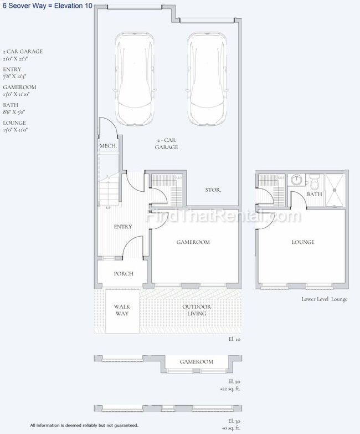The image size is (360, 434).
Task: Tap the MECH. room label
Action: pyautogui.click(x=108, y=146)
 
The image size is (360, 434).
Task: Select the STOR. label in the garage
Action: pyautogui.click(x=213, y=190)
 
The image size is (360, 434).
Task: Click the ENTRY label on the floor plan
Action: pyautogui.click(x=123, y=227)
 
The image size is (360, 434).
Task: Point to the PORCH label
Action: pyautogui.click(x=124, y=274)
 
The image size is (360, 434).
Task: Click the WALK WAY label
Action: pyautogui.click(x=122, y=310)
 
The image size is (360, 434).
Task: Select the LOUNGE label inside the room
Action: pyautogui.click(x=303, y=242)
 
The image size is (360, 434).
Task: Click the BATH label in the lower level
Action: pyautogui.click(x=315, y=195)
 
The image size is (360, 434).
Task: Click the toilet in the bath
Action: pyautogui.click(x=314, y=181)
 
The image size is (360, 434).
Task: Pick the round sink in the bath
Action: pyautogui.click(x=296, y=180)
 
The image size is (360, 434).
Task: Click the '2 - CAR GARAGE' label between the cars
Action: pyautogui.click(x=167, y=144)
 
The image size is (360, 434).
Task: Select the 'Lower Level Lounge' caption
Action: pyautogui.click(x=324, y=299)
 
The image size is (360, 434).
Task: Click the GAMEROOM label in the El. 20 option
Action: pyautogui.click(x=196, y=362)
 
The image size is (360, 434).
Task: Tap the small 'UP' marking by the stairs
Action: pyautogui.click(x=108, y=208)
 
